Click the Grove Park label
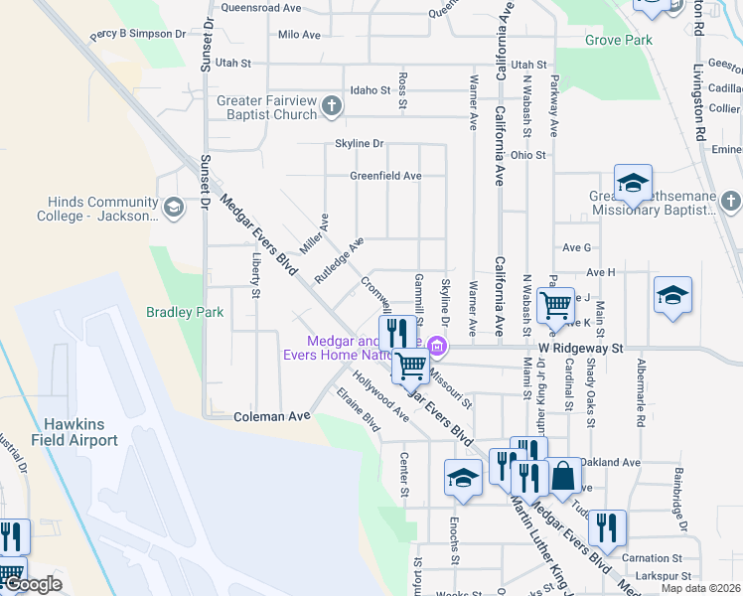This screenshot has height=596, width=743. click(618, 41)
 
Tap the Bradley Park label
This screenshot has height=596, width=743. click(185, 312)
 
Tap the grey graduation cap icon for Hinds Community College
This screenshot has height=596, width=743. click(174, 207)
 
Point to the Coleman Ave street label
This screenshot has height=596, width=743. click(265, 417)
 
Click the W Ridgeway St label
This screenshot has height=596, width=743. click(580, 349)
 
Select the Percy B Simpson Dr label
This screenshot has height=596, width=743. click(138, 34)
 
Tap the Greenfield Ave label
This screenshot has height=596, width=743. click(385, 176)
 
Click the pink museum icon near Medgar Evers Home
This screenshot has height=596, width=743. click(438, 346)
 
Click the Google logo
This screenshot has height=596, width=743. click(32, 584)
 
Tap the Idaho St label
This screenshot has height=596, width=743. click(371, 90)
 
